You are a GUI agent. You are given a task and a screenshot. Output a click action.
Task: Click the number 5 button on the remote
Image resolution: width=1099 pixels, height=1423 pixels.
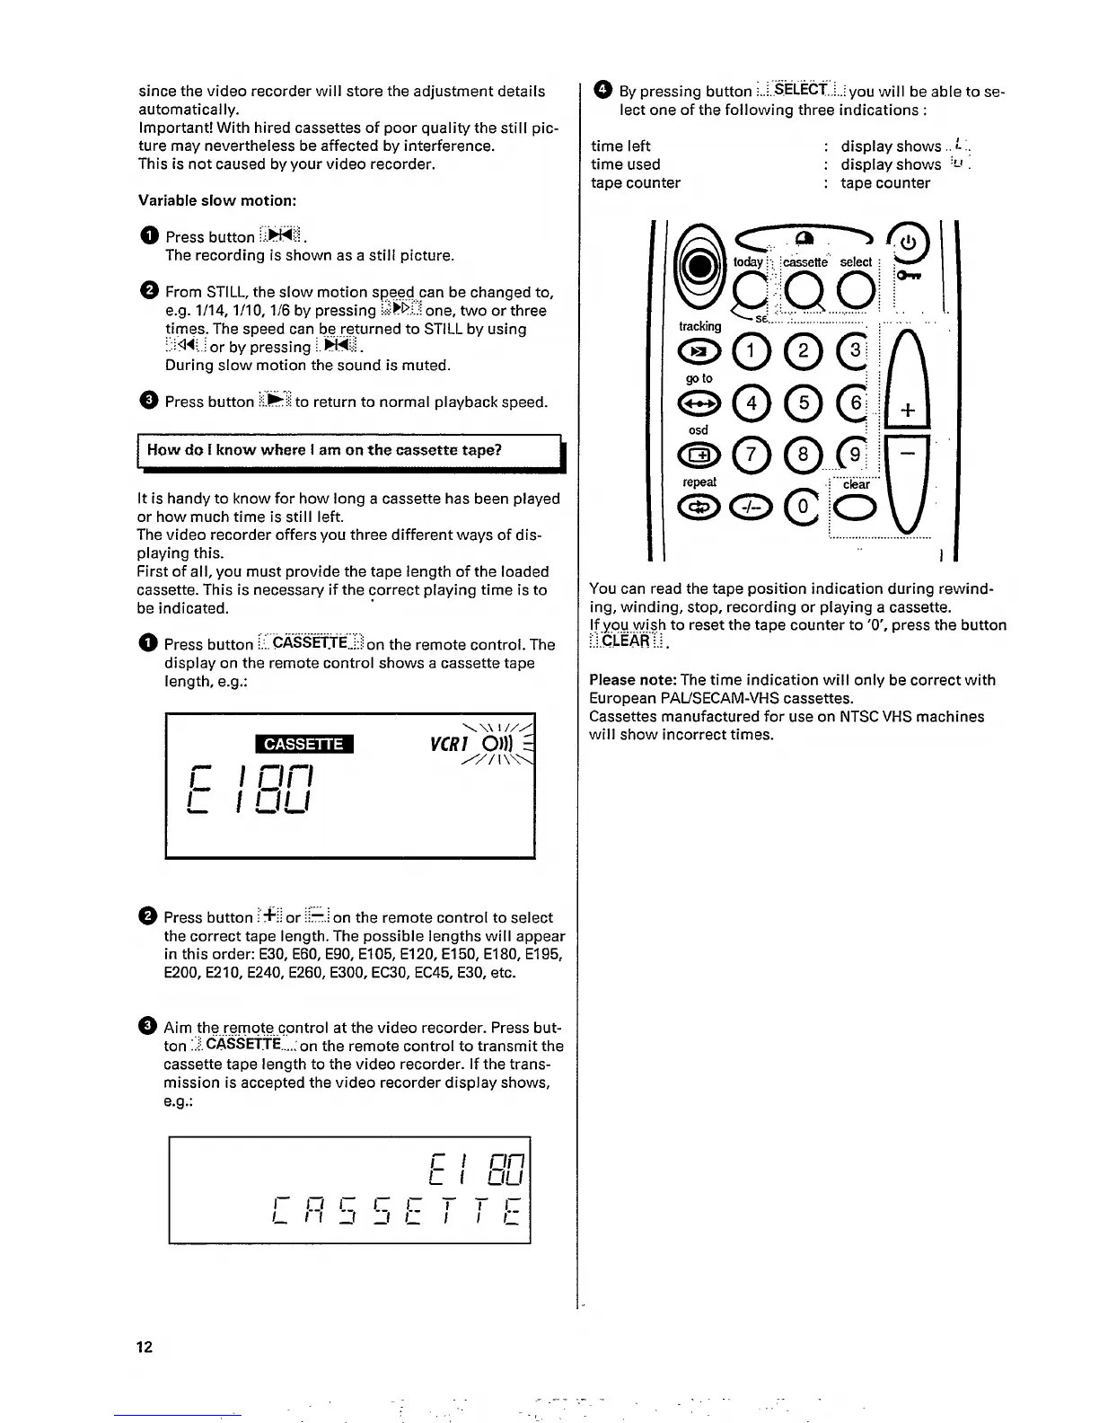tap(804, 403)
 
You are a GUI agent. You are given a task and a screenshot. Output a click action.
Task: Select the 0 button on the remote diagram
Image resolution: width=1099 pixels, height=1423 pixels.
tap(804, 508)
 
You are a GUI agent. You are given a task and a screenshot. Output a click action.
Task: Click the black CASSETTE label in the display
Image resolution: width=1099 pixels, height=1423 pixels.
tap(303, 744)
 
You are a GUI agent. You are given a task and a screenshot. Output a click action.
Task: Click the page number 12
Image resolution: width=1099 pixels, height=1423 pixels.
tap(145, 1346)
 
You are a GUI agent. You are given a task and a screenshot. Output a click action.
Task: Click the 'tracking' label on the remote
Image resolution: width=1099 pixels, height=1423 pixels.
tap(699, 326)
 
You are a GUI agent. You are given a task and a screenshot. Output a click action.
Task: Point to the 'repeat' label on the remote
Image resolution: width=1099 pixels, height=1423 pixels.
tap(699, 482)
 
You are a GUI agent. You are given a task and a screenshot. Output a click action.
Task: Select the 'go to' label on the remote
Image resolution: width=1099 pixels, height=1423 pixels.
tap(699, 378)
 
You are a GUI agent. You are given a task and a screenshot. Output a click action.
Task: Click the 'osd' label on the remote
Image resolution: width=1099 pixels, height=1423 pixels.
tap(699, 430)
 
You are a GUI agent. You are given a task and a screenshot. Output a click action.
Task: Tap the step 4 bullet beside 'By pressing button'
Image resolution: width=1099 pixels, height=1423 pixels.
tap(602, 90)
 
